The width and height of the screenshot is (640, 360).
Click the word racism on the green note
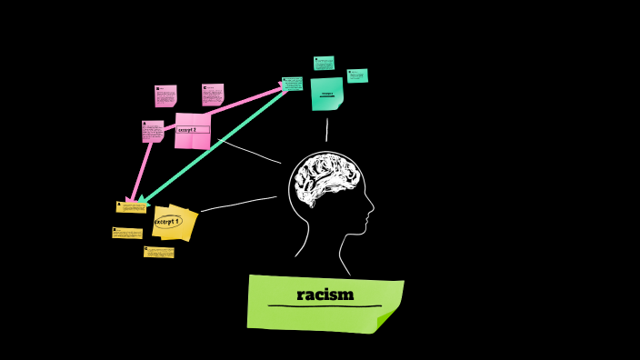click(325, 295)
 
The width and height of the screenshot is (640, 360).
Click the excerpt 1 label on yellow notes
click(168, 221)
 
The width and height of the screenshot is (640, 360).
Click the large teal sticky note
click(326, 94)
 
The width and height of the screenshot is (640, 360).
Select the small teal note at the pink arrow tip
click(293, 84)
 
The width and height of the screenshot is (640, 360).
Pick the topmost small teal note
click(324, 63)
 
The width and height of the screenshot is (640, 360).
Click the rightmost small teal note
click(357, 75)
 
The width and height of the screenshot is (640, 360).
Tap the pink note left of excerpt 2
click(153, 131)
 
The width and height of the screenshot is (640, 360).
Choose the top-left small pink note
click(165, 95)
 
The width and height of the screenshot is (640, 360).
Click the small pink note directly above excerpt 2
click(213, 95)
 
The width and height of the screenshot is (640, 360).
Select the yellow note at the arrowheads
click(131, 207)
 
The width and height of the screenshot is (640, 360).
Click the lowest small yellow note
click(158, 252)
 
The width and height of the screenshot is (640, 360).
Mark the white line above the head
click(327, 130)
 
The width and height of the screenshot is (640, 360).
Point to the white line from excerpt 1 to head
click(238, 204)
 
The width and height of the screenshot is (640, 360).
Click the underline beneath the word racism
click(325, 306)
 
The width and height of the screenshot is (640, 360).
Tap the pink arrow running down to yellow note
click(142, 168)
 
